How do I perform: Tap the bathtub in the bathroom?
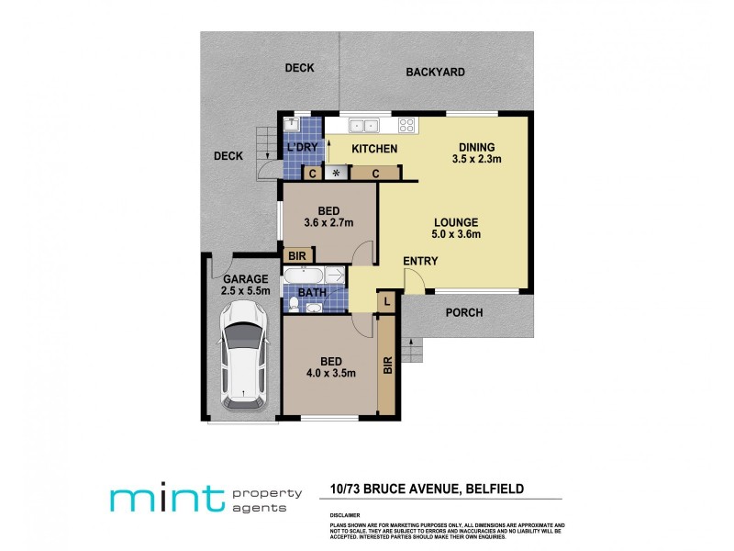pyautogui.click(x=304, y=275)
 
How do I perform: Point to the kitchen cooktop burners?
pyautogui.click(x=407, y=126)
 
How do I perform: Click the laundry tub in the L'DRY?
pyautogui.click(x=291, y=125)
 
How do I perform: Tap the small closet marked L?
pyautogui.click(x=388, y=301)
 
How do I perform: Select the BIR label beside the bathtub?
pyautogui.click(x=296, y=256)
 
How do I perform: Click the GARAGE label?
pyautogui.click(x=244, y=279)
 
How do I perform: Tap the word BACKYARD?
pyautogui.click(x=436, y=72)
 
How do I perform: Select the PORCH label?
pyautogui.click(x=464, y=313)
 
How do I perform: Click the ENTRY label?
pyautogui.click(x=420, y=262)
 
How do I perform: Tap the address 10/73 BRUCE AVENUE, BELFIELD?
pyautogui.click(x=426, y=489)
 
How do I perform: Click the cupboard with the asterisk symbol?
pyautogui.click(x=337, y=173)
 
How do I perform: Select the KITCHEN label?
pyautogui.click(x=375, y=149)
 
